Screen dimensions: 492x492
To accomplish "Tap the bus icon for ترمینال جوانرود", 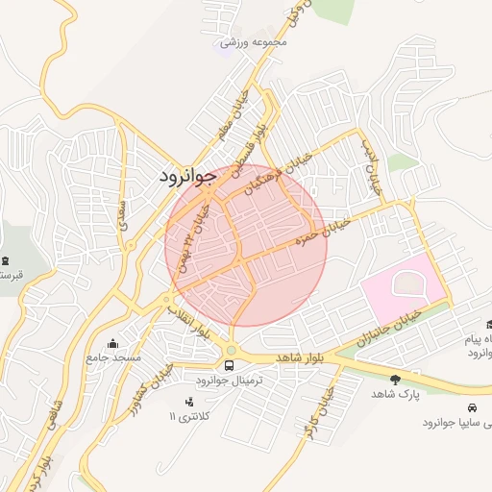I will tap(230, 365).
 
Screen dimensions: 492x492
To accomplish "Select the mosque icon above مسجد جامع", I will tap(114, 343).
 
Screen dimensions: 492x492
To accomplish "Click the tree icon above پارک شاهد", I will tap(396, 380).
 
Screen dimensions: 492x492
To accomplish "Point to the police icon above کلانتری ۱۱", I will tap(188, 400).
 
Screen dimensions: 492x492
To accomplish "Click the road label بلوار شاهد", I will tap(301, 357).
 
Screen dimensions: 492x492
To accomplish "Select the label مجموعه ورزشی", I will tap(254, 42).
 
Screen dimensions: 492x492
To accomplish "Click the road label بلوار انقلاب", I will tap(188, 322).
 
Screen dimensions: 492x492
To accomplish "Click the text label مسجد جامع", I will tap(114, 357).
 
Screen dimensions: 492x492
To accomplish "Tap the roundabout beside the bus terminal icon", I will tap(231, 348).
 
